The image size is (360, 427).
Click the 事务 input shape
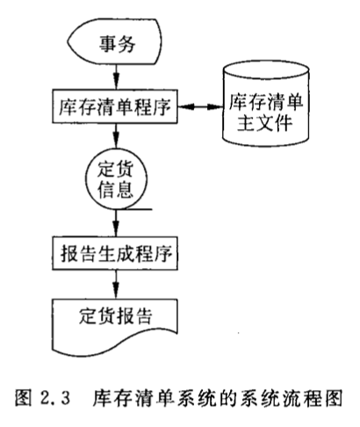click(114, 41)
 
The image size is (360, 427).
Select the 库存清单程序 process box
click(115, 106)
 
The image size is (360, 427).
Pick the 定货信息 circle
click(116, 179)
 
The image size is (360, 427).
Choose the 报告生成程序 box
click(115, 253)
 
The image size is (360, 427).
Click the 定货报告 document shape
click(115, 327)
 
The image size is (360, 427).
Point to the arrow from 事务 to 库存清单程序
click(116, 77)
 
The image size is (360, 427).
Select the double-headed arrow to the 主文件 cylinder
click(200, 107)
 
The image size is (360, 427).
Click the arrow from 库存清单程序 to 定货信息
click(116, 136)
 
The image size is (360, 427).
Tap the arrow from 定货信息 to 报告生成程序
click(116, 223)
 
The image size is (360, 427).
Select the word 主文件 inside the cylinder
click(265, 123)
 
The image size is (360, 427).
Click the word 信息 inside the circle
click(116, 190)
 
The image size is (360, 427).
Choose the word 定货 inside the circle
click(116, 169)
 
